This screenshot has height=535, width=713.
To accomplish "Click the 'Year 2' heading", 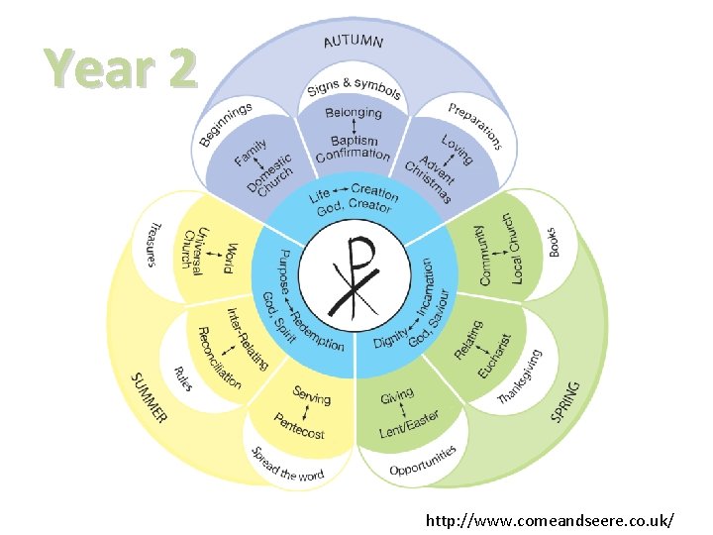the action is [121, 70].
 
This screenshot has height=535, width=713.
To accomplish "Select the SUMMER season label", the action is [149, 397].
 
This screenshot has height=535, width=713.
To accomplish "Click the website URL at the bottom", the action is [551, 519].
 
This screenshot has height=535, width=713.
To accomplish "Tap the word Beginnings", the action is [226, 123].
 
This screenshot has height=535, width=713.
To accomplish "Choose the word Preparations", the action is [475, 125].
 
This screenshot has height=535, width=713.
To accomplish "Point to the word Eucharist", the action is [491, 356].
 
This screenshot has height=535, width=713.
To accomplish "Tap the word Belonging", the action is [354, 114].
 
